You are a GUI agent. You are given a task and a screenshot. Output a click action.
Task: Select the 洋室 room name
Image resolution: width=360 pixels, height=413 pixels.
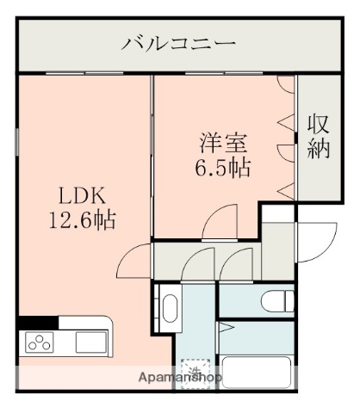click(222, 140)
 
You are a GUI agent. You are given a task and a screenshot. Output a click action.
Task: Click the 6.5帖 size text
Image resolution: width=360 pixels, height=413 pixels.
click(222, 166)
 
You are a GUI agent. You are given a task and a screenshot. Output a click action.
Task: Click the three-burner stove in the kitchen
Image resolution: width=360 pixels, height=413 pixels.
click(40, 342)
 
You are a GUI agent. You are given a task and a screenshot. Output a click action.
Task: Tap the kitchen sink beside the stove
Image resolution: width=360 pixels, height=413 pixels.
click(89, 341)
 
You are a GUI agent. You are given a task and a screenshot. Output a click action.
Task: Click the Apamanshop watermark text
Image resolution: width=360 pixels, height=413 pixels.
click(181, 378)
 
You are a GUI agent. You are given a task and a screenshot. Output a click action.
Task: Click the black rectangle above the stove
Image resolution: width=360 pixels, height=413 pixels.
click(38, 323)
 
